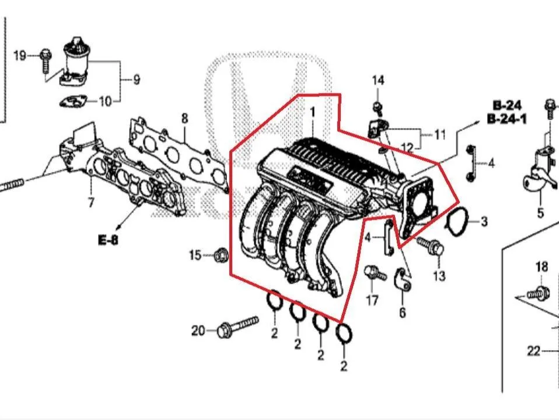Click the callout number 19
(x=20, y=55)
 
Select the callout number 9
(x=137, y=79)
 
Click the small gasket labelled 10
(x=73, y=101)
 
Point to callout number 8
(x=184, y=118)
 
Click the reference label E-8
(x=108, y=240)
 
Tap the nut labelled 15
(x=221, y=255)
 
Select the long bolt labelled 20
(x=237, y=325)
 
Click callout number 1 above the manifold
(x=313, y=113)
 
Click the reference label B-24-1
(x=506, y=119)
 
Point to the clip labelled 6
(x=403, y=278)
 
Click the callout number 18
(x=541, y=266)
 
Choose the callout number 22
(x=534, y=351)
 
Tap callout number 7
(x=91, y=202)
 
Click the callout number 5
(x=540, y=213)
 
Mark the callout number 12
(x=407, y=147)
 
